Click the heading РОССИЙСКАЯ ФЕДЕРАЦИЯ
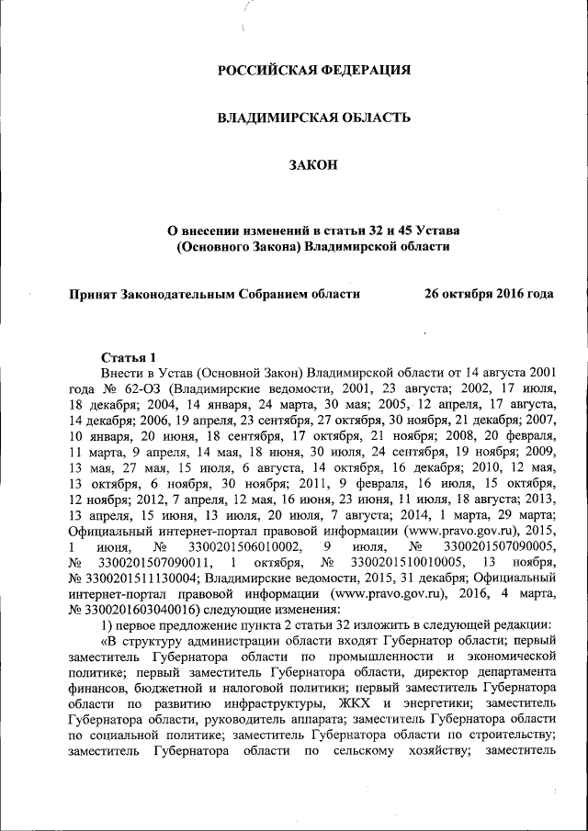(x=313, y=71)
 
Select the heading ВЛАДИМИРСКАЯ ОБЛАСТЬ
(x=313, y=118)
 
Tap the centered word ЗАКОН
(x=313, y=164)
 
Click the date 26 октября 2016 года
(x=489, y=294)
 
